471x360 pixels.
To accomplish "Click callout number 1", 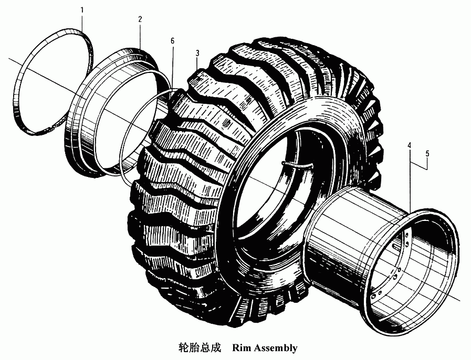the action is pos(82,10).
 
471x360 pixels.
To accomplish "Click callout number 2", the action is pos(140,19).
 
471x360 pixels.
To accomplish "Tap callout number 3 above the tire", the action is pos(197,53).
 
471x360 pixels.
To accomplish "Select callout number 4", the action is pos(409,145).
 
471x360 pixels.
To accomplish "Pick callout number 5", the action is pos(427,153).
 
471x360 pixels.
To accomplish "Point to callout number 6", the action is pos(172,41).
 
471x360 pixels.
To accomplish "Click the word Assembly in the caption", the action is pos(276,348).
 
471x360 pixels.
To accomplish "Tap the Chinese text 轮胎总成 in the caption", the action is pos(200,348).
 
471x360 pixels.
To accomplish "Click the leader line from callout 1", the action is pos(82,22).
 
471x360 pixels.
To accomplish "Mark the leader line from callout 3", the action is pos(197,64).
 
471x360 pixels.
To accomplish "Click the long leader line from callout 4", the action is pos(410,179).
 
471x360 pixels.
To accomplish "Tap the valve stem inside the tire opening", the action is pos(297,165).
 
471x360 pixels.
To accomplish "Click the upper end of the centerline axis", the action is pos(8,58).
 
